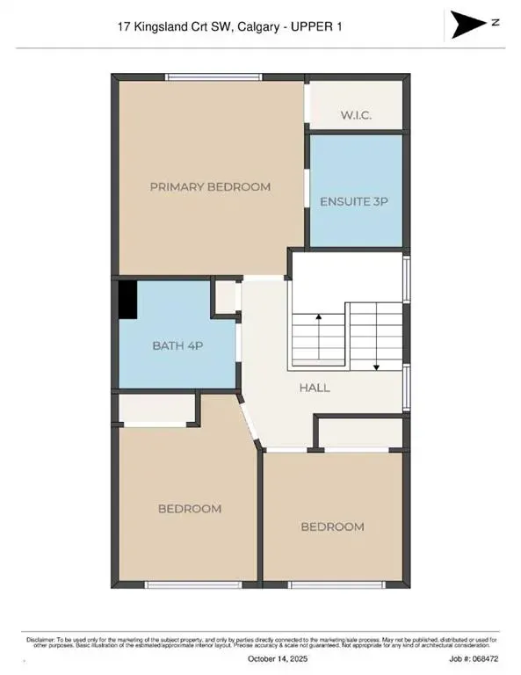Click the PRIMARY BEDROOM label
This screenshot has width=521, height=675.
pos(210,186)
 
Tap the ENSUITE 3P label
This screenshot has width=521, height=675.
pos(353,201)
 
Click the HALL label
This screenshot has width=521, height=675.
pos(314,387)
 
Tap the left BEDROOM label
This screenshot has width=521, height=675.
pos(190,508)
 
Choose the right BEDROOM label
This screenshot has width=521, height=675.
pos(332,526)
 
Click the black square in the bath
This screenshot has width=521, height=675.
pos(128,300)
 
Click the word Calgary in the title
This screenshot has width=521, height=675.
pos(253,27)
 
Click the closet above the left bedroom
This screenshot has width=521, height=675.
pos(157,409)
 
